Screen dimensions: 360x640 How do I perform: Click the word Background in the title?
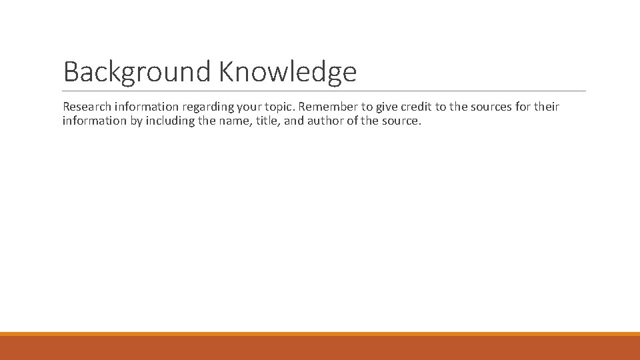click(137, 72)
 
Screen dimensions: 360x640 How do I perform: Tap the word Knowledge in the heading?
click(287, 72)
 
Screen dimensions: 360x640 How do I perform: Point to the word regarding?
click(204, 107)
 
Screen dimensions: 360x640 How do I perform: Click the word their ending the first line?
click(546, 107)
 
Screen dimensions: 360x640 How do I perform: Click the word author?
click(325, 121)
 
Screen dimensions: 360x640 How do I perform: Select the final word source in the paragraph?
click(402, 121)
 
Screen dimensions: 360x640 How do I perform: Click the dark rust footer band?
click(320, 348)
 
